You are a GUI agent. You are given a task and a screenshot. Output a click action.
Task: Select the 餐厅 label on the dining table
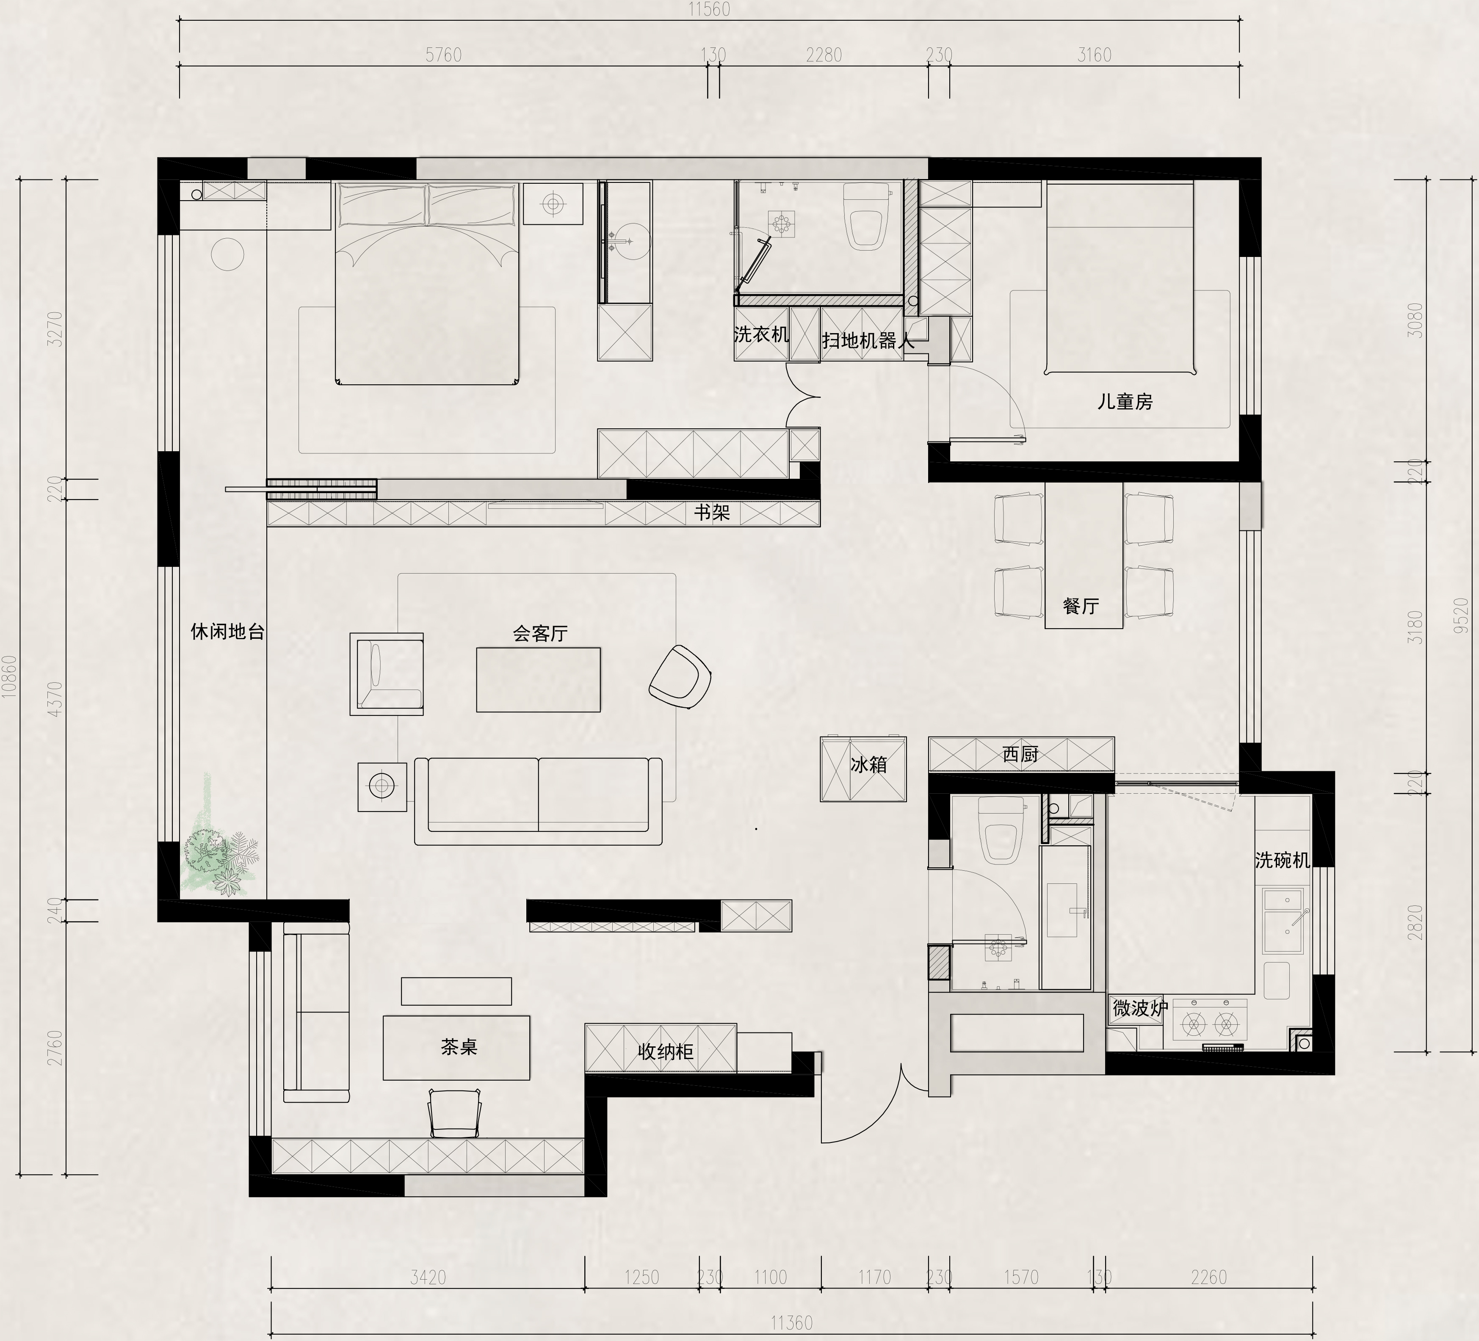click(1081, 606)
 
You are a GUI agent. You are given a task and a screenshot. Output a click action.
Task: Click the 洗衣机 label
click(761, 334)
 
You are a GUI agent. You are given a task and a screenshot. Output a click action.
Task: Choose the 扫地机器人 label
click(868, 340)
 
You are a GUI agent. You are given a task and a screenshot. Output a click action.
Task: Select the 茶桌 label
click(459, 1047)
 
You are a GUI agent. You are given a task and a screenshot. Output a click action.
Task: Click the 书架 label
click(712, 512)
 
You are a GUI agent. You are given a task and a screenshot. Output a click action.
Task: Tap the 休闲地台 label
click(227, 632)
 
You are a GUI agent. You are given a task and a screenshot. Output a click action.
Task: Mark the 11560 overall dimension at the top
click(709, 10)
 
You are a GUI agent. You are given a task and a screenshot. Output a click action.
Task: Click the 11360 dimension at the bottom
click(792, 1323)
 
